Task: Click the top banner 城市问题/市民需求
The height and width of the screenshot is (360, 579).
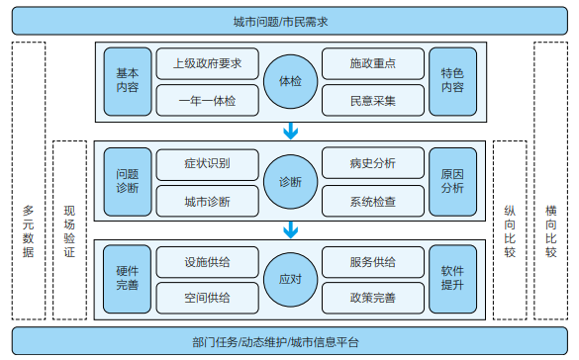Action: click(x=289, y=21)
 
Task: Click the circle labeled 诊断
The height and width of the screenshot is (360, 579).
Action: click(x=290, y=181)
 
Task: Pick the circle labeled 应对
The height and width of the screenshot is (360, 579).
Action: click(x=290, y=280)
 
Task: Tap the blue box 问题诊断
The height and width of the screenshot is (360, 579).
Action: click(x=127, y=181)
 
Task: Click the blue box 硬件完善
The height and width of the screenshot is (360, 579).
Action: click(x=127, y=280)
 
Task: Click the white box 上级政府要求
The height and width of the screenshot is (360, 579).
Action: click(x=207, y=63)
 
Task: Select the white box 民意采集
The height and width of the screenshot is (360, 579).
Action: click(x=373, y=100)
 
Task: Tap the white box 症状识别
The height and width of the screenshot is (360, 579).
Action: click(x=207, y=163)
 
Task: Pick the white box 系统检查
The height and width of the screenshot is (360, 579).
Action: click(x=373, y=201)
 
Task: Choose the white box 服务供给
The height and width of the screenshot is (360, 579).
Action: click(x=373, y=262)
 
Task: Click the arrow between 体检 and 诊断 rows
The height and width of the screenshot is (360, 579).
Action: click(x=290, y=131)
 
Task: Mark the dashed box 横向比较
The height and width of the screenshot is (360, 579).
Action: click(x=551, y=181)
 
